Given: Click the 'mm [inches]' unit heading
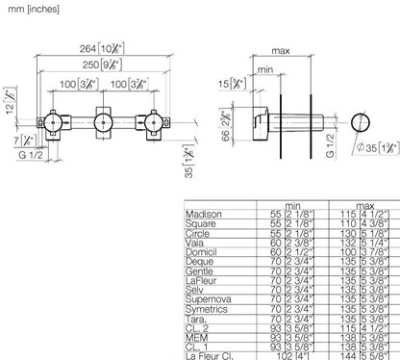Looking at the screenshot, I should click(33, 9).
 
